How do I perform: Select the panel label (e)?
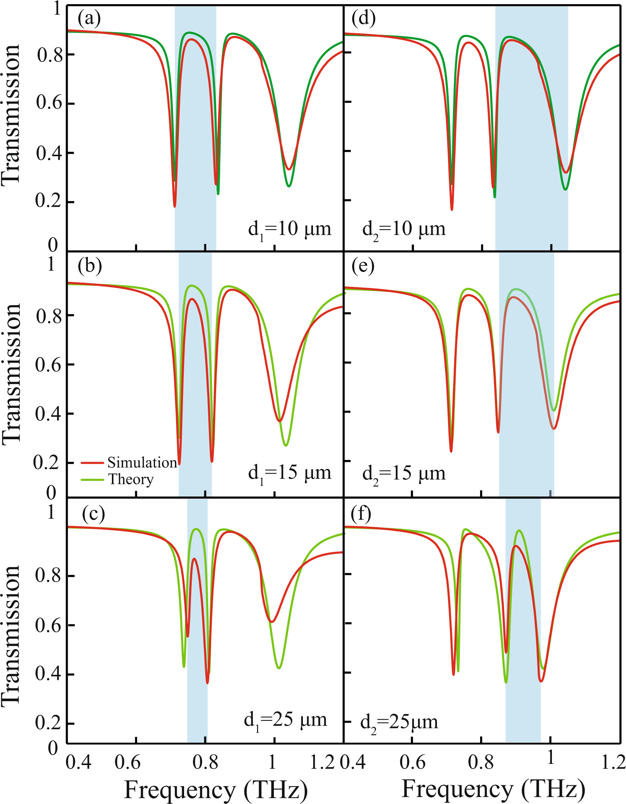click(x=363, y=266)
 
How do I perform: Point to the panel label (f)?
click(x=361, y=514)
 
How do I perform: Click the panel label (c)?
click(x=93, y=514)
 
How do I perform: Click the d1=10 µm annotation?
click(x=290, y=229)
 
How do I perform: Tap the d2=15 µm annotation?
click(x=404, y=474)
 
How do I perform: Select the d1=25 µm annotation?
click(x=285, y=720)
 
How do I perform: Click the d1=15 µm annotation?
click(x=290, y=473)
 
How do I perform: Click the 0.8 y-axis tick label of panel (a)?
click(x=49, y=55)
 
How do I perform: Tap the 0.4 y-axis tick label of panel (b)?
click(x=48, y=413)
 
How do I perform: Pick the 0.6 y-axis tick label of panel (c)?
click(x=48, y=626)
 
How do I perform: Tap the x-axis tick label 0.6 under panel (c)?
click(x=128, y=762)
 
